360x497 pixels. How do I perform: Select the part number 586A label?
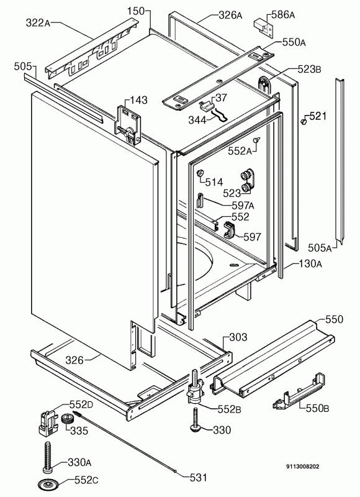284,14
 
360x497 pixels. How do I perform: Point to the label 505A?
321,248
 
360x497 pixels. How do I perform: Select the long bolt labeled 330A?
48,454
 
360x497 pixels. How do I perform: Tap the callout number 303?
238,337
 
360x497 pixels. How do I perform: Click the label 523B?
308,70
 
